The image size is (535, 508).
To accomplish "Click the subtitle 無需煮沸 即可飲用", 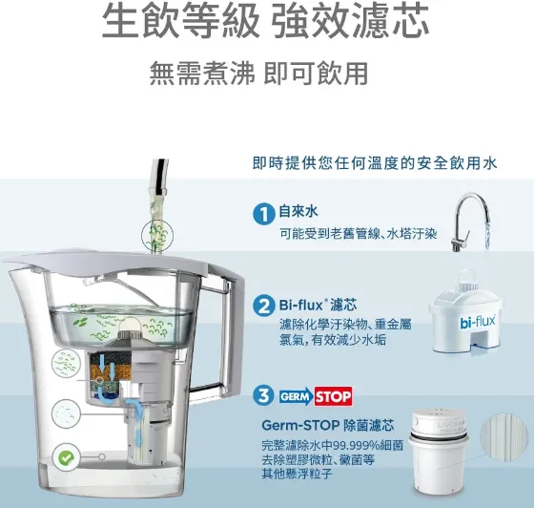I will [258, 74].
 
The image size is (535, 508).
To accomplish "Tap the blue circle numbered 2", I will [264, 306].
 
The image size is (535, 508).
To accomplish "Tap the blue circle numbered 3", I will [264, 396].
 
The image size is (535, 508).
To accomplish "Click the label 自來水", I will [298, 211].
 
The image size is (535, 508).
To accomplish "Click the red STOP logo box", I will [333, 395].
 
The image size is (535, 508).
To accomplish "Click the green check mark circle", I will [65, 457].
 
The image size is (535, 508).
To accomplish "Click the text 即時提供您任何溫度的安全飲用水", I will [375, 164].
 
